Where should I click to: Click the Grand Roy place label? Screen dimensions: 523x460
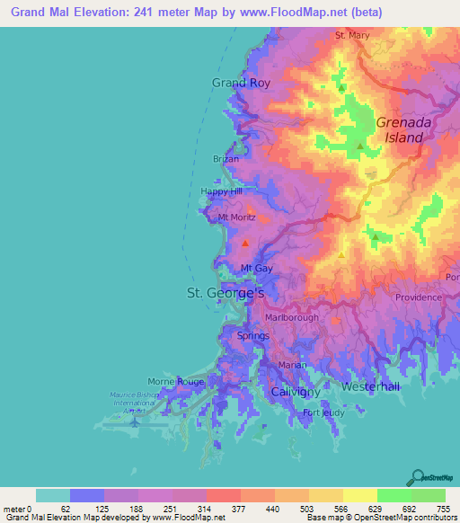point(241,83)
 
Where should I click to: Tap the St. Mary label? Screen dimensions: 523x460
point(352,36)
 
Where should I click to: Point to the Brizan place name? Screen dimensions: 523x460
point(226,159)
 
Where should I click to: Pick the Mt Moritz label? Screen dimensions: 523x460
point(237,217)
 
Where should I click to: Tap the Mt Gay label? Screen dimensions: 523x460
point(257,269)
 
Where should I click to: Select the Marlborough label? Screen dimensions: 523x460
point(293,318)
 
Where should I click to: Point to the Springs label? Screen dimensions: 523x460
point(252,336)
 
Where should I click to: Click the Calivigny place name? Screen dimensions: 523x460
point(296,392)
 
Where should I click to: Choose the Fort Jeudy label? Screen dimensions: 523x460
point(323,413)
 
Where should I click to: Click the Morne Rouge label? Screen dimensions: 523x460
point(176,381)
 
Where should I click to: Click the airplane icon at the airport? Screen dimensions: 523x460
point(134,420)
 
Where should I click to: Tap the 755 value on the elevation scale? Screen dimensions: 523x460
point(445,509)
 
